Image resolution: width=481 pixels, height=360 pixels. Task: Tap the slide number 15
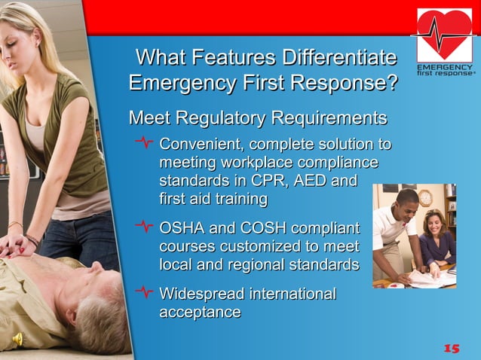[x=451, y=347]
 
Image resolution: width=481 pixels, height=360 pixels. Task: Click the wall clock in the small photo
[x=425, y=197]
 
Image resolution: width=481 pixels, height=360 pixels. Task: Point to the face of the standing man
[x=406, y=206]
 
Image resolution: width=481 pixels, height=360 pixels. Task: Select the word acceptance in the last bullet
[x=200, y=312]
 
